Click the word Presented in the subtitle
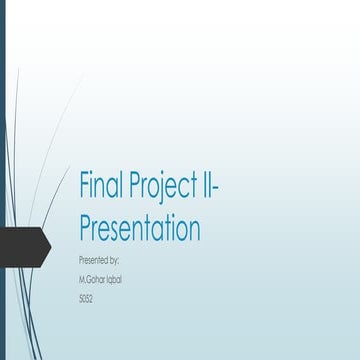pos(92,259)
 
